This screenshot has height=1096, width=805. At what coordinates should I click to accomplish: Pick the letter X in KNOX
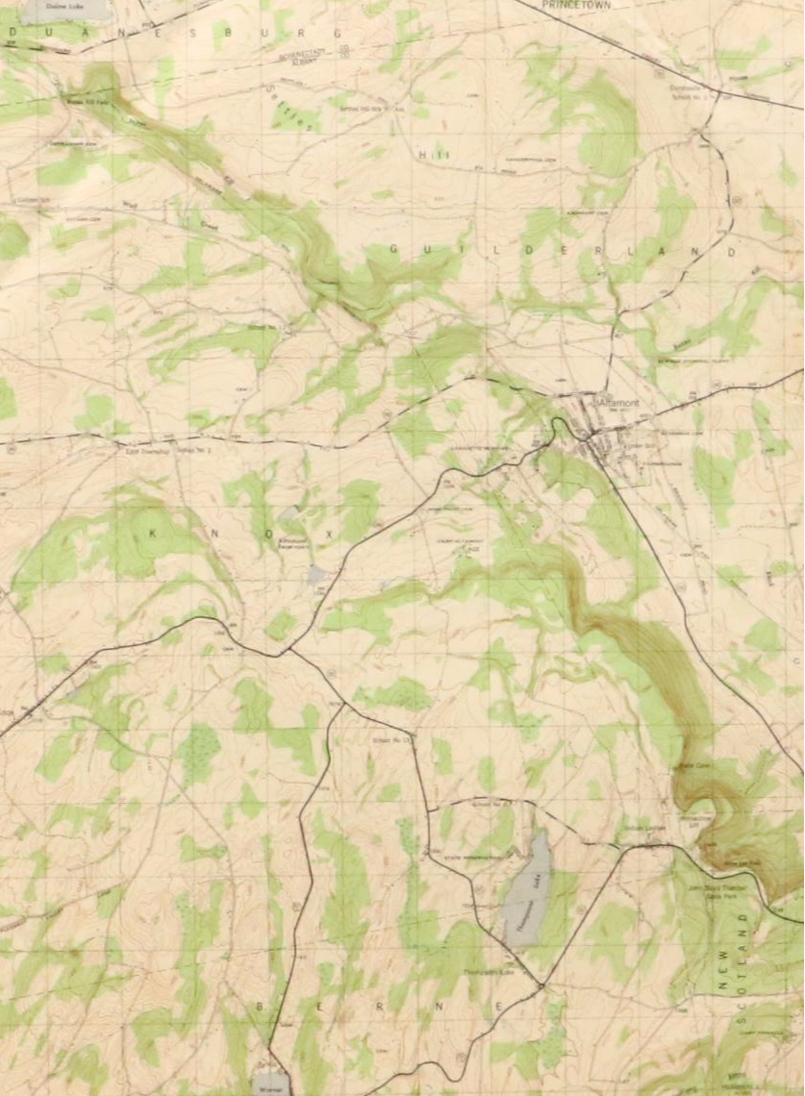329,532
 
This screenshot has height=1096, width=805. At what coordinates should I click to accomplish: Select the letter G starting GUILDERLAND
393,250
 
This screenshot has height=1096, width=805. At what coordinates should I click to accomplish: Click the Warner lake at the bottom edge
270,1083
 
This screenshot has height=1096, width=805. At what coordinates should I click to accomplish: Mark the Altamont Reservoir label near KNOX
292,544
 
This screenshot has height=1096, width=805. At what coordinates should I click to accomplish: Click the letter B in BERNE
260,1006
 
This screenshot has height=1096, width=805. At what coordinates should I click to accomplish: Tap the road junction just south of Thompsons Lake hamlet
541,986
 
